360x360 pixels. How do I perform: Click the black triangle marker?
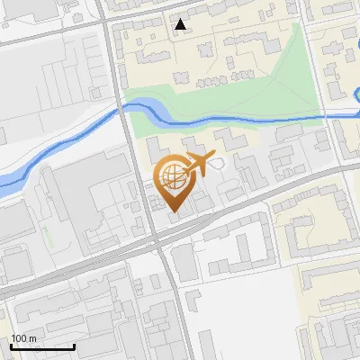click(x=182, y=25)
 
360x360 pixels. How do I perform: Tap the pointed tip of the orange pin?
click(x=174, y=212)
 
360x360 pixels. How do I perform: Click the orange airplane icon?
click(x=201, y=165)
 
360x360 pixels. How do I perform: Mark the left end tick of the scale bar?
click(x=11, y=346)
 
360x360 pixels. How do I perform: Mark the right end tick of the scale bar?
click(x=74, y=346)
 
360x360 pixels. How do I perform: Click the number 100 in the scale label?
click(x=19, y=337)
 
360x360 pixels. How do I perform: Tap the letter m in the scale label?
click(x=31, y=338)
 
